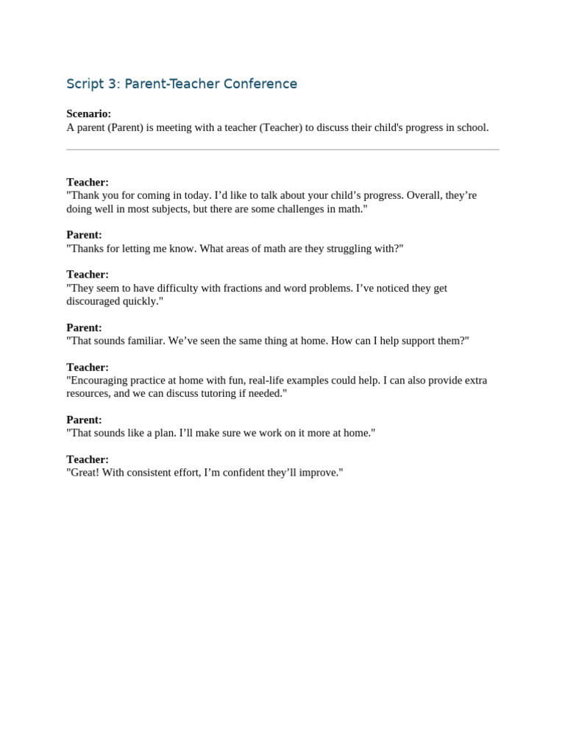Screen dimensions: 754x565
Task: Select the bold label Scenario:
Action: [89, 114]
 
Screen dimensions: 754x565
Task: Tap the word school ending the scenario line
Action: [471, 127]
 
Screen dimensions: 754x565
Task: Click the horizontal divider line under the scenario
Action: [282, 149]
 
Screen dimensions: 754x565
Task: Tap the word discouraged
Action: [96, 302]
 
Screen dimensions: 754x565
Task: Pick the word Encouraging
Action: [99, 381]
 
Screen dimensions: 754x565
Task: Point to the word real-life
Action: [272, 381]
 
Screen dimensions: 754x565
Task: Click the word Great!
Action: [84, 473]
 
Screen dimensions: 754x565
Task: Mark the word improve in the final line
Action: [319, 473]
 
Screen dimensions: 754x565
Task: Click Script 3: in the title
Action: [93, 84]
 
